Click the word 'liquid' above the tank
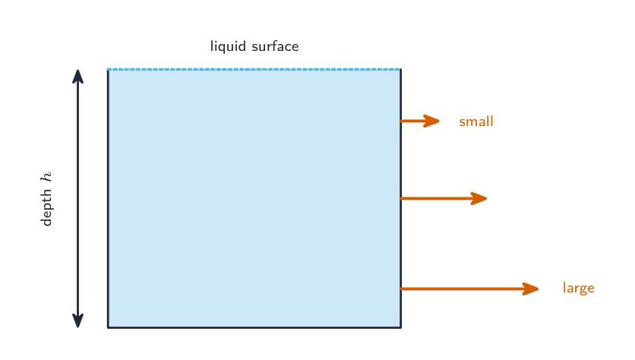click(x=228, y=46)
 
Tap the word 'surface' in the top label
click(x=276, y=46)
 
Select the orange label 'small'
click(x=476, y=121)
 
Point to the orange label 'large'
click(x=579, y=288)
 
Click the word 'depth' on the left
click(x=46, y=207)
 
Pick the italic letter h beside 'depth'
click(x=46, y=176)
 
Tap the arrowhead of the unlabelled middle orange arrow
click(x=479, y=198)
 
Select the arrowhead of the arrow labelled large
click(x=530, y=289)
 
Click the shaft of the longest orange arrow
click(x=462, y=289)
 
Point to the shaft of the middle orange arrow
click(x=436, y=198)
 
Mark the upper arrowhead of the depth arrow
click(x=77, y=77)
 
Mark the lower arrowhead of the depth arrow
click(x=77, y=321)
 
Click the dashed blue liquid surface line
click(x=254, y=70)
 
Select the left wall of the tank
click(x=108, y=198)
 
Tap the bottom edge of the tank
click(x=254, y=327)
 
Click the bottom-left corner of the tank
click(x=108, y=327)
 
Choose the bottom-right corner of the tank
click(x=401, y=327)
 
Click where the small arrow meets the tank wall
click(x=401, y=121)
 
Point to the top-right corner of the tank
click(x=401, y=70)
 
